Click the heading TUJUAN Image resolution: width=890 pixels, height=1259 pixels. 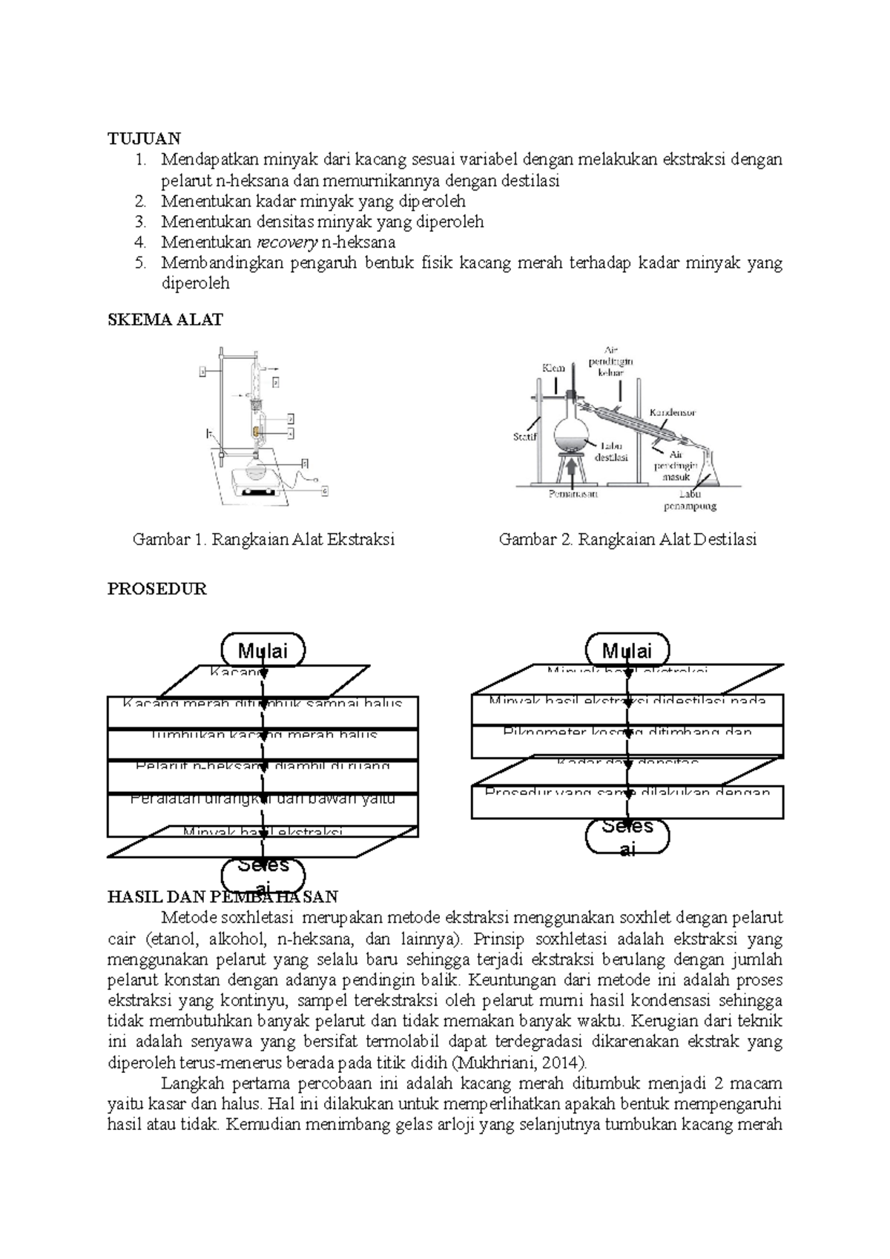click(144, 139)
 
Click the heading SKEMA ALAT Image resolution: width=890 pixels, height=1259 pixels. click(165, 320)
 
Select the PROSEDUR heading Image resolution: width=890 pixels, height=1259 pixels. click(156, 589)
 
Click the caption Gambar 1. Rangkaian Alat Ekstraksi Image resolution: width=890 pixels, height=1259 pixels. click(263, 540)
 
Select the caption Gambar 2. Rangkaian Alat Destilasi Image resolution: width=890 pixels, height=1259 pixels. click(627, 540)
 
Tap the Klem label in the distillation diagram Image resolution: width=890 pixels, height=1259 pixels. click(553, 368)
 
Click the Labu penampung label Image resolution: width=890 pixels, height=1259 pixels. click(689, 500)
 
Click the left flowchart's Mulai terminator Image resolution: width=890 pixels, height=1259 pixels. click(263, 650)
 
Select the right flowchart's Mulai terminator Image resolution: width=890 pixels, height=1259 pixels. click(627, 650)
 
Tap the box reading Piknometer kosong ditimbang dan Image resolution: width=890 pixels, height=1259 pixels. click(627, 741)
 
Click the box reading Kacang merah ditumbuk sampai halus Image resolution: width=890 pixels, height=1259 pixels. click(263, 712)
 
